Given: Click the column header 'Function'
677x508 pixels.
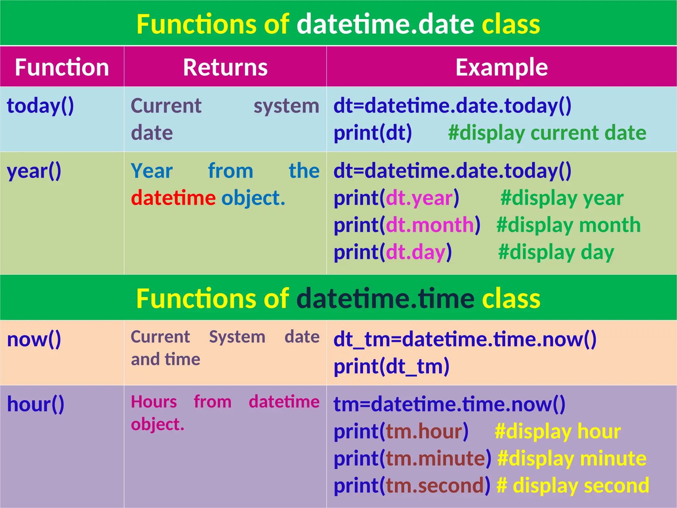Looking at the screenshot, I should point(62,67).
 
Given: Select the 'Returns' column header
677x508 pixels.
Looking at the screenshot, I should point(225,67).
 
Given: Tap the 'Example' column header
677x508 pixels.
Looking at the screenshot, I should point(501,67).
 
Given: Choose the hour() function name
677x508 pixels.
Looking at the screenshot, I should point(36,404).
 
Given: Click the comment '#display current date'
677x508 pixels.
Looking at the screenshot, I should point(547,133).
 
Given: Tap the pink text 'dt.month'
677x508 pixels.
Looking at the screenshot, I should point(430,225).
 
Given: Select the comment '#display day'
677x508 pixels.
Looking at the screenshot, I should point(556,252).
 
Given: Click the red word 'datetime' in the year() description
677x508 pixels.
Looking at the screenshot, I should point(173,198).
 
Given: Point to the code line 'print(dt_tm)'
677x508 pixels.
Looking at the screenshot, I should point(391,367).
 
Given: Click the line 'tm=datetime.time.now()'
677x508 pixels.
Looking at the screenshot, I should point(449,404).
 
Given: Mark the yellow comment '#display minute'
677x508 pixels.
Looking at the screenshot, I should point(572,459).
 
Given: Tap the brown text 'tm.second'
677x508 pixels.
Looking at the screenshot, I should point(435,486).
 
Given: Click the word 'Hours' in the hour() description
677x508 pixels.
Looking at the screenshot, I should point(154,402).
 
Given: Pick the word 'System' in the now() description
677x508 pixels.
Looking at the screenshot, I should point(237,337).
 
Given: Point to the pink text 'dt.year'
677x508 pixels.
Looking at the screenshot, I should point(419,198).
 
